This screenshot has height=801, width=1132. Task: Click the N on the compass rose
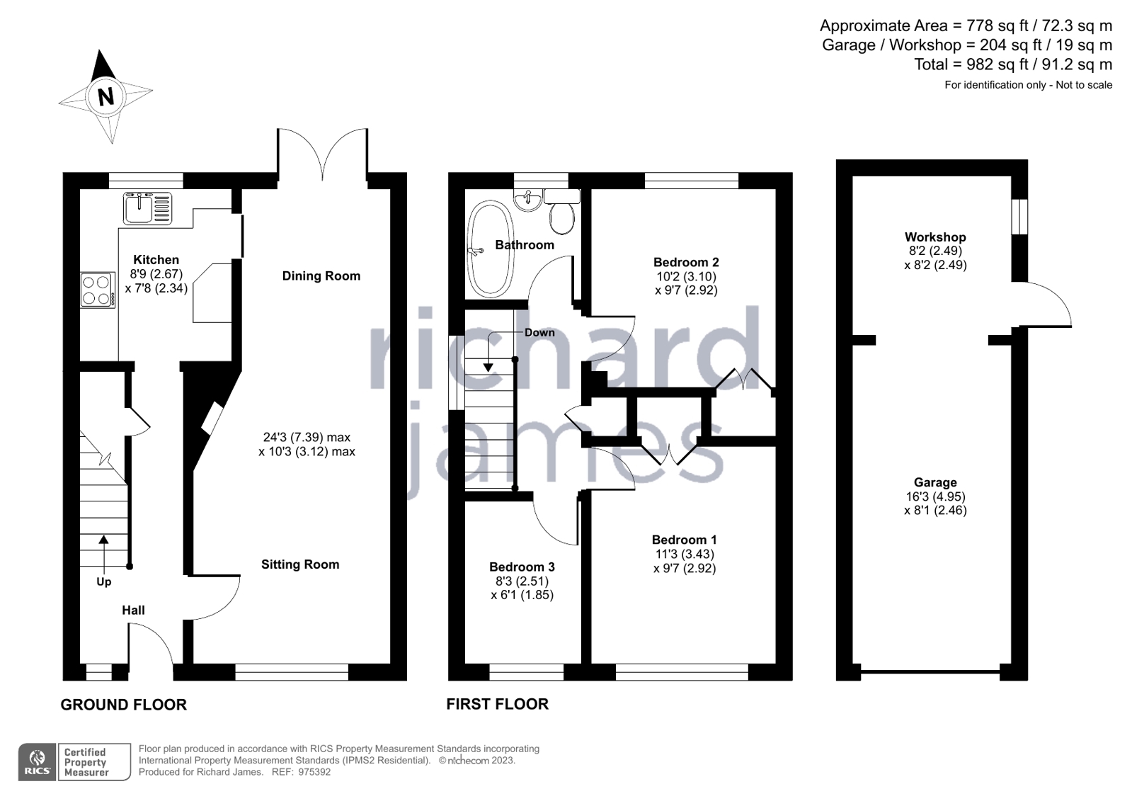pyautogui.click(x=106, y=96)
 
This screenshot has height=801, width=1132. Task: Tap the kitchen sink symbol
pyautogui.click(x=148, y=208)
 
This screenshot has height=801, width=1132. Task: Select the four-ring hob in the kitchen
pyautogui.click(x=97, y=290)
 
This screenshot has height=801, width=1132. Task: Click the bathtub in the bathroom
pyautogui.click(x=489, y=249)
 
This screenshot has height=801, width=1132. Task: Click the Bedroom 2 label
pyautogui.click(x=685, y=262)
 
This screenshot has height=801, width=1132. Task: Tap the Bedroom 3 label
pyautogui.click(x=522, y=567)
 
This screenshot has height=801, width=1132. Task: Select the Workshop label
pyautogui.click(x=934, y=237)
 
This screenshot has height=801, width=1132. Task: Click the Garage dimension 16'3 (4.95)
pyautogui.click(x=934, y=497)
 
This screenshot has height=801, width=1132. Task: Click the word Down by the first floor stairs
pyautogui.click(x=539, y=333)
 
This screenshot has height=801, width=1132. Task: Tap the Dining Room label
pyautogui.click(x=321, y=276)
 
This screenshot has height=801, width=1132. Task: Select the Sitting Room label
pyautogui.click(x=300, y=564)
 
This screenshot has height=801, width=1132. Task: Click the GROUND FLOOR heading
pyautogui.click(x=124, y=705)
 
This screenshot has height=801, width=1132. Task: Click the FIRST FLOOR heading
pyautogui.click(x=497, y=704)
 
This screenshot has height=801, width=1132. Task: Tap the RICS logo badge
pyautogui.click(x=38, y=762)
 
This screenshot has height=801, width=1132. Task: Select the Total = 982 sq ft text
pyautogui.click(x=1012, y=64)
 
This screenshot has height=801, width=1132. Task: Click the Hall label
pyautogui.click(x=133, y=610)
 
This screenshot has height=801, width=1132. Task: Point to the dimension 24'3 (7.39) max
pyautogui.click(x=307, y=438)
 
